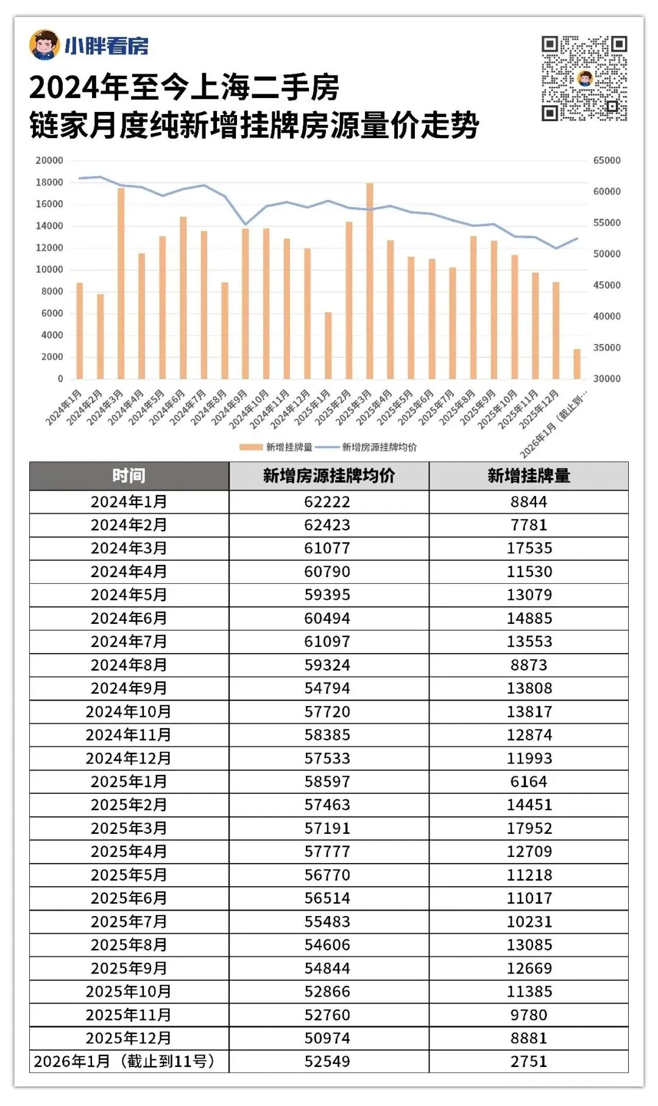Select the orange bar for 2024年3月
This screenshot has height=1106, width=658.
click(x=121, y=284)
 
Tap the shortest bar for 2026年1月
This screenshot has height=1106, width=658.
click(x=577, y=364)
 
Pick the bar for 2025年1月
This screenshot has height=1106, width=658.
click(x=328, y=346)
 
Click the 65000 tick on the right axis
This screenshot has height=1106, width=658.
click(x=607, y=161)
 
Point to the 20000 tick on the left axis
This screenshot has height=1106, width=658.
click(x=49, y=161)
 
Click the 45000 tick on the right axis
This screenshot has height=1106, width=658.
click(x=607, y=285)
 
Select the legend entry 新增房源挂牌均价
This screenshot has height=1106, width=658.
click(x=379, y=447)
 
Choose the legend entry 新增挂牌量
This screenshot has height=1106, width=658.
click(x=289, y=447)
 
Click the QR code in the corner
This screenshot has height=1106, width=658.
click(x=584, y=79)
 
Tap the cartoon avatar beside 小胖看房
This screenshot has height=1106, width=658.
click(x=44, y=45)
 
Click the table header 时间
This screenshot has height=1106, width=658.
click(x=129, y=476)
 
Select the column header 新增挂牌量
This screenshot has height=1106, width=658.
click(x=529, y=476)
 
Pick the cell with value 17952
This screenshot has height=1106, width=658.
click(x=529, y=828)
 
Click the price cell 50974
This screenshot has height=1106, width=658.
click(x=327, y=1038)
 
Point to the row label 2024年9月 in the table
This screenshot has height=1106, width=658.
click(x=129, y=688)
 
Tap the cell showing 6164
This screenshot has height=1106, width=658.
click(x=529, y=782)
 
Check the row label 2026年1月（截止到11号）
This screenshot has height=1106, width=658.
click(x=125, y=1062)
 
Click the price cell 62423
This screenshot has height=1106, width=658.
click(x=327, y=525)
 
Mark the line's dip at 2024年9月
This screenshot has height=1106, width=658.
click(x=246, y=225)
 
